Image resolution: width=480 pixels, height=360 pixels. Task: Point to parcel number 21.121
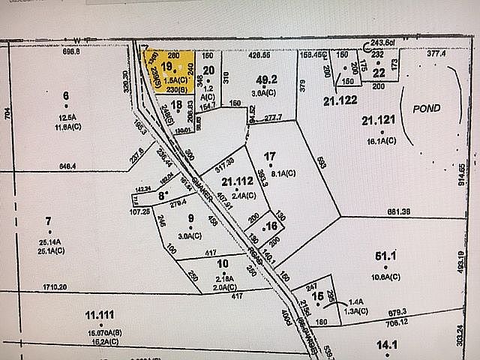pyautogui.click(x=377, y=120)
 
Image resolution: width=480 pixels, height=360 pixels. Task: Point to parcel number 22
pyautogui.click(x=379, y=71)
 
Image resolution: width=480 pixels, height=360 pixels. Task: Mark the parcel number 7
pyautogui.click(x=49, y=220)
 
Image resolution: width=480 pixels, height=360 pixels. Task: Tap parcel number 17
pyautogui.click(x=271, y=155)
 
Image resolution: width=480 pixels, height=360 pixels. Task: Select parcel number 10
pyautogui.click(x=222, y=263)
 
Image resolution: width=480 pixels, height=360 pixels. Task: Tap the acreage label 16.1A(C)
pyautogui.click(x=380, y=139)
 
